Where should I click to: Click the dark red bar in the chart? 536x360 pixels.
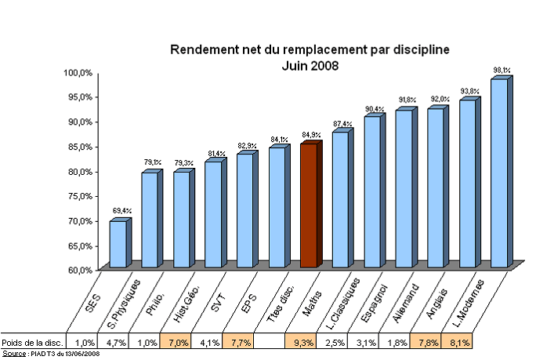[x=309, y=206]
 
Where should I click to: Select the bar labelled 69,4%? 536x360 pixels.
[x=118, y=244]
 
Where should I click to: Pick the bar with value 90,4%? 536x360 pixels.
[x=372, y=192]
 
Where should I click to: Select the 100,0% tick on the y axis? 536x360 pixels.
[x=78, y=72]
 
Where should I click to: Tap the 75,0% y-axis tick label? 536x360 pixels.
[x=78, y=196]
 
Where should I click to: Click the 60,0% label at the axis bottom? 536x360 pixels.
[x=78, y=270]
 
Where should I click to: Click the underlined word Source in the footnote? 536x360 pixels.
[x=13, y=355]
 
